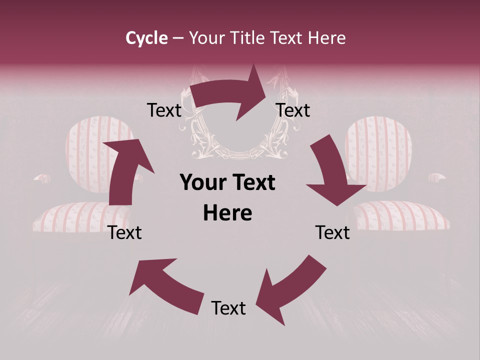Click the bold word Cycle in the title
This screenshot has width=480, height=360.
[146, 38]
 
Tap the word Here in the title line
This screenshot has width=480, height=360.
[326, 37]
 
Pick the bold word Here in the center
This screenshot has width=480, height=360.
[227, 213]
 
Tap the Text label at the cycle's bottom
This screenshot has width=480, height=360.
[228, 307]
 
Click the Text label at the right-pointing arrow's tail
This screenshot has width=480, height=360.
[164, 110]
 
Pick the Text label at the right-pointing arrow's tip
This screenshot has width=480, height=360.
[293, 110]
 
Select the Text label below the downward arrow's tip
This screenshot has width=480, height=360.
[332, 232]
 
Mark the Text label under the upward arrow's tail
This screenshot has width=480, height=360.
[124, 232]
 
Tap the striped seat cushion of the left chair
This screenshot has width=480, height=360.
[81, 216]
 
